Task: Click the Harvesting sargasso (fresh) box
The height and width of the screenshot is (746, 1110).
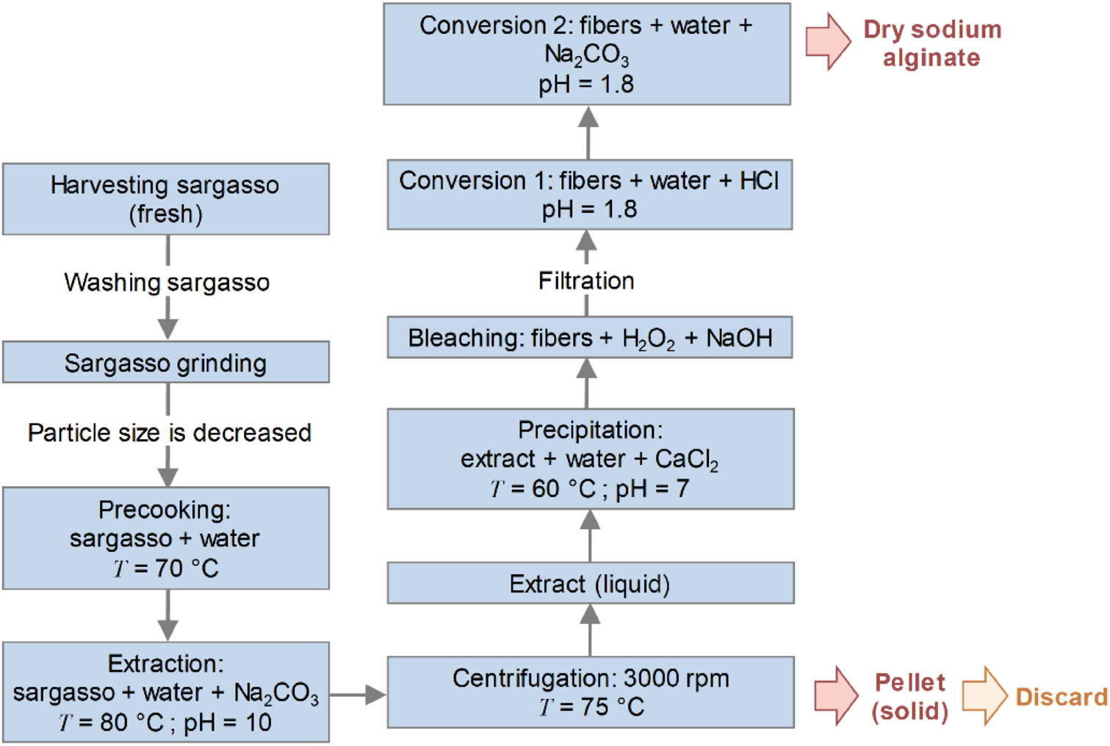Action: click(165, 199)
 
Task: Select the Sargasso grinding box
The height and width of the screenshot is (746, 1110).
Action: click(165, 363)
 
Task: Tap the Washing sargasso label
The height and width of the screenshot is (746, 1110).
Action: click(167, 283)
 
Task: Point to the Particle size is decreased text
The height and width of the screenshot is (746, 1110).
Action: click(169, 433)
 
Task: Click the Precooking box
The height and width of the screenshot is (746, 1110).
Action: click(165, 538)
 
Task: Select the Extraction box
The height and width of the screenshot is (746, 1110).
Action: click(165, 692)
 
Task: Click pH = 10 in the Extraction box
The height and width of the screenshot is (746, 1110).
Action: click(228, 723)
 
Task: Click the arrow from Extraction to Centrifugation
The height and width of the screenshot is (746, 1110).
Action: click(358, 695)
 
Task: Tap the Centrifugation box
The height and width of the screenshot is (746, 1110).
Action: click(590, 692)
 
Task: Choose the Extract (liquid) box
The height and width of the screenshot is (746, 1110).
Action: click(590, 584)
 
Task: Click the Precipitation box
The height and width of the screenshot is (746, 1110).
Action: click(590, 459)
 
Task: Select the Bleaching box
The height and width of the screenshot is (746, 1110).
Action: click(590, 338)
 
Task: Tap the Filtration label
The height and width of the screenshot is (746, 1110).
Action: click(586, 281)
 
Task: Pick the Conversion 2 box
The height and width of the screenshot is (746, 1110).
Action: click(586, 54)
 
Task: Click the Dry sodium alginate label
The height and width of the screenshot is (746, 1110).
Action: click(931, 43)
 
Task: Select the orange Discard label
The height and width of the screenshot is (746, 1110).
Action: click(1061, 697)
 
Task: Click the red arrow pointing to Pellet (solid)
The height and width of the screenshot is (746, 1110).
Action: click(835, 695)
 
